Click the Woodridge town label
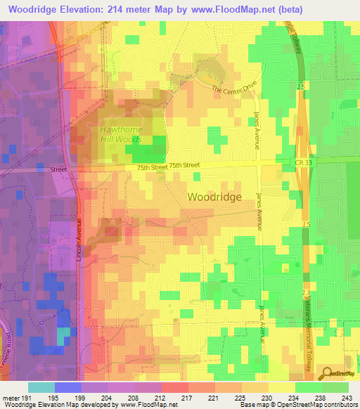214,197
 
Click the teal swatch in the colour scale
41,387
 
